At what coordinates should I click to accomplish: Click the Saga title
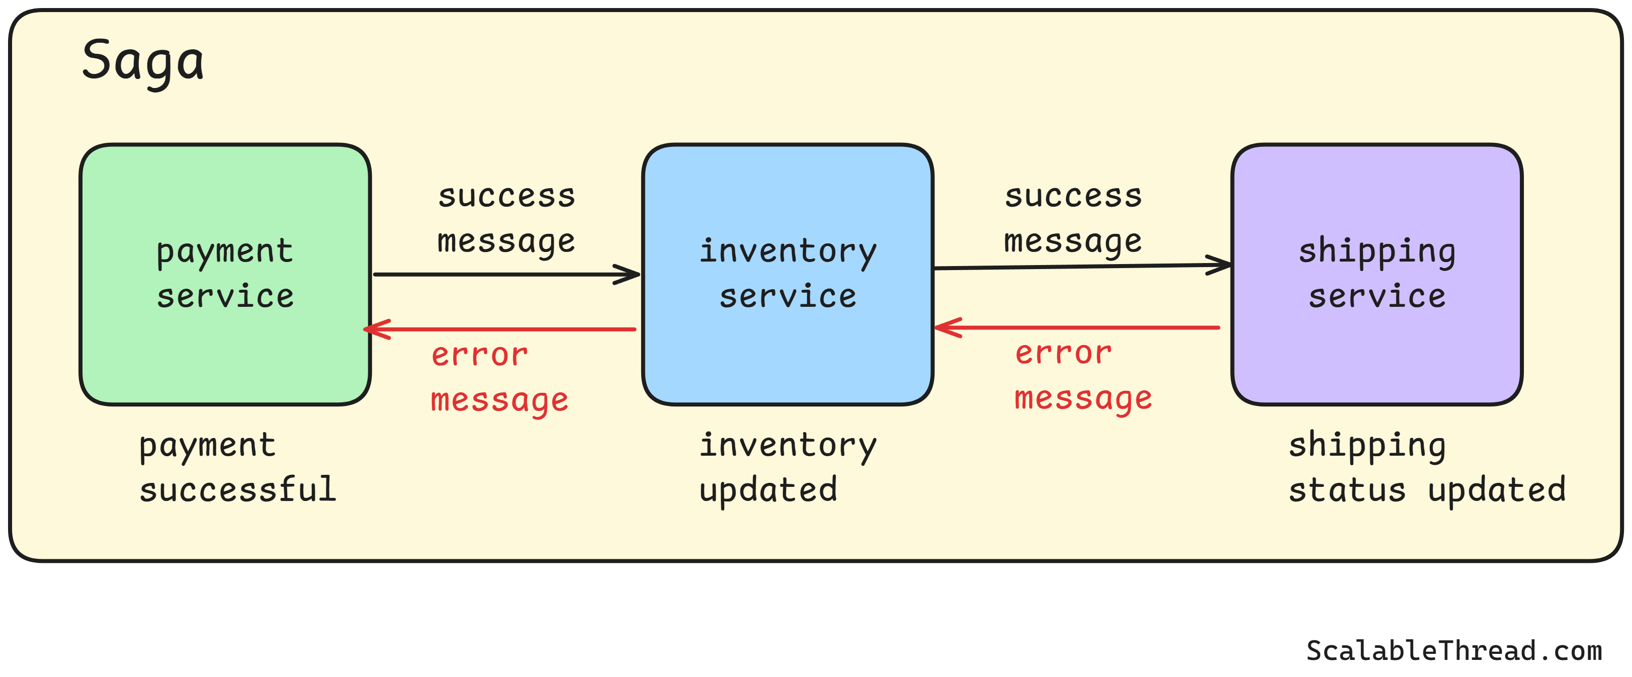(143, 61)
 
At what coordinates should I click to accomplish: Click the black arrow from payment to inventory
(494, 274)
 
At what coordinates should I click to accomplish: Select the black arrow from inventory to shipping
(1077, 267)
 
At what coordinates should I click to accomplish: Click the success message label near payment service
(506, 218)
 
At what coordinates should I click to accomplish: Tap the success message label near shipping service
(1073, 218)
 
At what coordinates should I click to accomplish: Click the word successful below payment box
(237, 489)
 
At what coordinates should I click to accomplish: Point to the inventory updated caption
(787, 467)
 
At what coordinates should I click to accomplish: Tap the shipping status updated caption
(1427, 467)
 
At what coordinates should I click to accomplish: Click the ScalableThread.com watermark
(1454, 650)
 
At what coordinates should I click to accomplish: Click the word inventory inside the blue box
(788, 251)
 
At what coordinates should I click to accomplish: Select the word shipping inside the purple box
(1377, 251)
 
